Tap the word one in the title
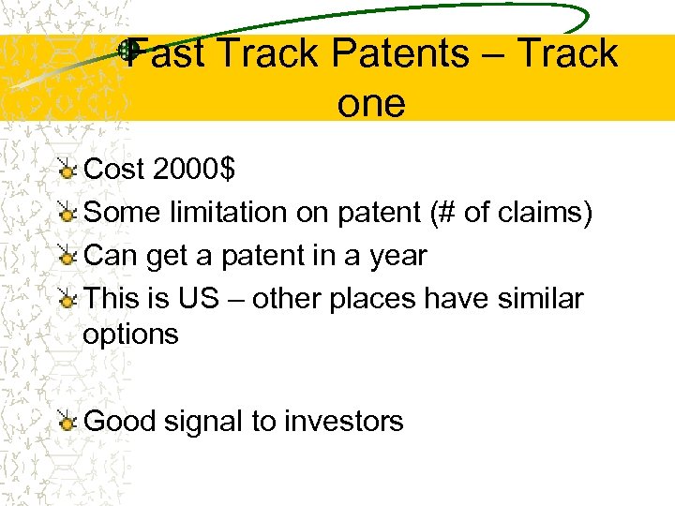click(371, 102)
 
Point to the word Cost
click(113, 170)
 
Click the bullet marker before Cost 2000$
click(67, 170)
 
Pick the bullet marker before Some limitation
click(67, 214)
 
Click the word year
click(397, 256)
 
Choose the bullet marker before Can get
click(67, 257)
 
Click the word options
click(130, 335)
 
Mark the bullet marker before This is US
click(67, 300)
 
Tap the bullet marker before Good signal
click(67, 423)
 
